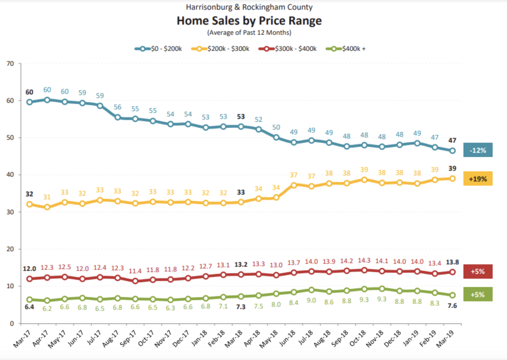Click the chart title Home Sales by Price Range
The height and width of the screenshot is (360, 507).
pos(249,21)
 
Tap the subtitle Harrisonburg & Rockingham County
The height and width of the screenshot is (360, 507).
pos(249,7)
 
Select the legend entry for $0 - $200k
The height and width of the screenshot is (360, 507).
pos(158,49)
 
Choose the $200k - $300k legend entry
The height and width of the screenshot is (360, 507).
pos(221,49)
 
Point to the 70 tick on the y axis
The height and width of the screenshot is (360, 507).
pos(10,64)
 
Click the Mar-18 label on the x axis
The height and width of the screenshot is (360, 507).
pos(234,338)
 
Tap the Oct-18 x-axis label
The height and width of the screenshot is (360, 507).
pos(357,338)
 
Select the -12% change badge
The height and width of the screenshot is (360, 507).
pos(478,150)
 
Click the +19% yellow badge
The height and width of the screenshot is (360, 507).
pos(478,179)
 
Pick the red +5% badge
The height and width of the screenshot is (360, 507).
pos(478,272)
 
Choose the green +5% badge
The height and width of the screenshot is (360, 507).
pos(478,294)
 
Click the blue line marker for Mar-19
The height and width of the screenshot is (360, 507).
pos(452,151)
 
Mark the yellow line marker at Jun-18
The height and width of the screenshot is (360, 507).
pos(294,185)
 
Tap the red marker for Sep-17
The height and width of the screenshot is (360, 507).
pos(135,281)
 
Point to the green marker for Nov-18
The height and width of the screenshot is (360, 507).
pos(382,289)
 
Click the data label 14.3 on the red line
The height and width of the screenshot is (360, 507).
pos(364,260)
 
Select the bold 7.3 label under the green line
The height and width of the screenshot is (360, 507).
pos(241,307)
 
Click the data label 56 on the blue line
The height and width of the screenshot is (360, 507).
pos(118,107)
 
